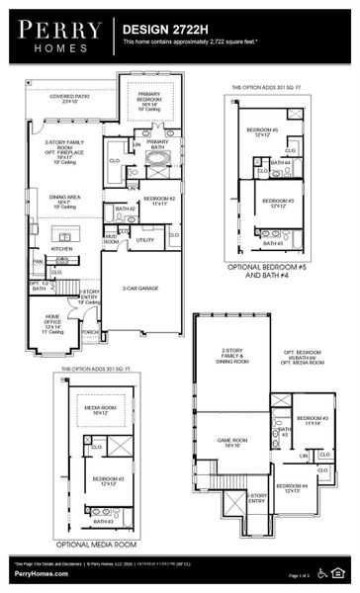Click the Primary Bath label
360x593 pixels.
click(158, 144)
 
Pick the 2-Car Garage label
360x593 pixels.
click(139, 289)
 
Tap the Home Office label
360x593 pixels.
click(52, 323)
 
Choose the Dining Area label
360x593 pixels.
click(64, 204)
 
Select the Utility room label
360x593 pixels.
click(145, 239)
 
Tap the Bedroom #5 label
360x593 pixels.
click(261, 131)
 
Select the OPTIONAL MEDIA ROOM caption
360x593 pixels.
click(95, 545)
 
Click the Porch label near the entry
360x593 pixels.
click(89, 332)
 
